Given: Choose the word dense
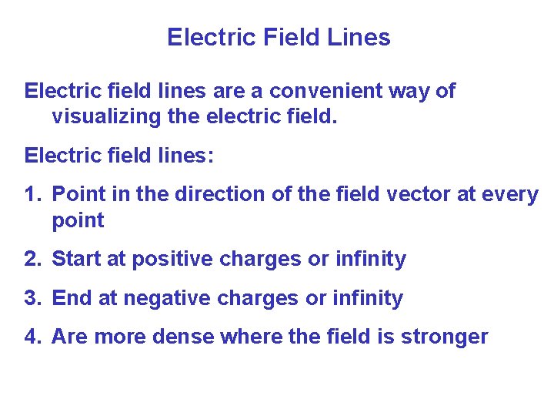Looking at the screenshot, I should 185,337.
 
